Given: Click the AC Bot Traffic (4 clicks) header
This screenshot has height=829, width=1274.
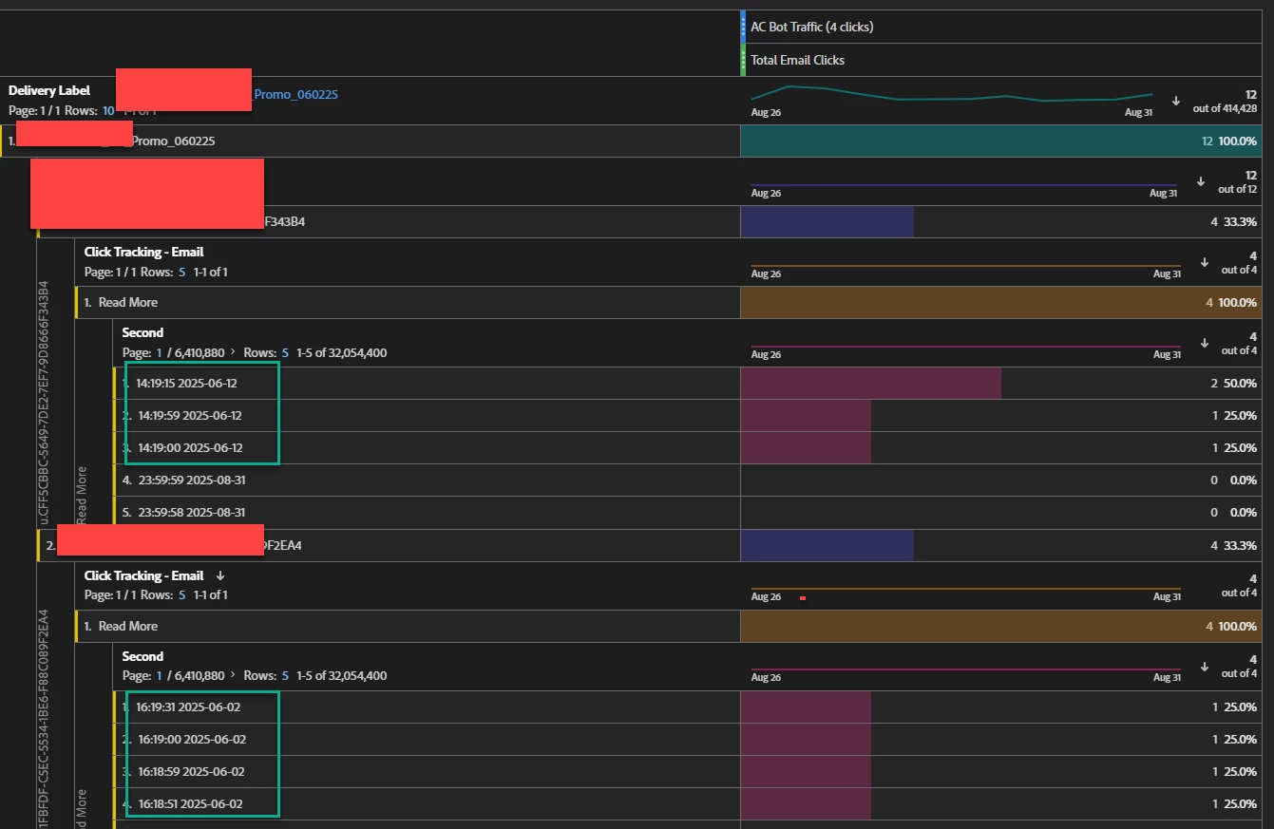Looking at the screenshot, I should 811,27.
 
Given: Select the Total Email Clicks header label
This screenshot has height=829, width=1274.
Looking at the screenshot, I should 797,60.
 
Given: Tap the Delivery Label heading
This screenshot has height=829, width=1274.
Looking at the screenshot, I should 49,90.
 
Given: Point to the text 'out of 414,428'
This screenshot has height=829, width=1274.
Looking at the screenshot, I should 1225,108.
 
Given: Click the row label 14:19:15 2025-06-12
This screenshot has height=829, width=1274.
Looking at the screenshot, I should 186,384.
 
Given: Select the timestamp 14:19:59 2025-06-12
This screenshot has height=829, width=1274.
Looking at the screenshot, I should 190,416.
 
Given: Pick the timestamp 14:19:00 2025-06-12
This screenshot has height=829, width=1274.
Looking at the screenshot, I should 190,448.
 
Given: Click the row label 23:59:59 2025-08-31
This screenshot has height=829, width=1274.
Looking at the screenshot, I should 191,480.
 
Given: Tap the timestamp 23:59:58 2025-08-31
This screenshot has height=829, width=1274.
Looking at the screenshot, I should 191,513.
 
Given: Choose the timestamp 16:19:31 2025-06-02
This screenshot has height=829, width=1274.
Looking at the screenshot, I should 190,707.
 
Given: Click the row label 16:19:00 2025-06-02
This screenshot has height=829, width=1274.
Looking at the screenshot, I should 192,740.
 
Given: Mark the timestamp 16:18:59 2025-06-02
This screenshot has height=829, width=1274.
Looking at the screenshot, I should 191,772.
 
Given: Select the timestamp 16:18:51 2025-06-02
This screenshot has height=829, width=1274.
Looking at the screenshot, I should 190,804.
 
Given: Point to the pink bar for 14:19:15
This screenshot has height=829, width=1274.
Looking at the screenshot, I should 869,384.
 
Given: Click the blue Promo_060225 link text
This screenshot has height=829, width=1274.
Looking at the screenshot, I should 295,94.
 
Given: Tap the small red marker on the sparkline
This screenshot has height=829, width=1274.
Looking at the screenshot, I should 803,598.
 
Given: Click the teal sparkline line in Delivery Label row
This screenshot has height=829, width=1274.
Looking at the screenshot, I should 950,98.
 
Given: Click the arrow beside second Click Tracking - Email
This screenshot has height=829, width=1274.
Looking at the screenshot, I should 220,575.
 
